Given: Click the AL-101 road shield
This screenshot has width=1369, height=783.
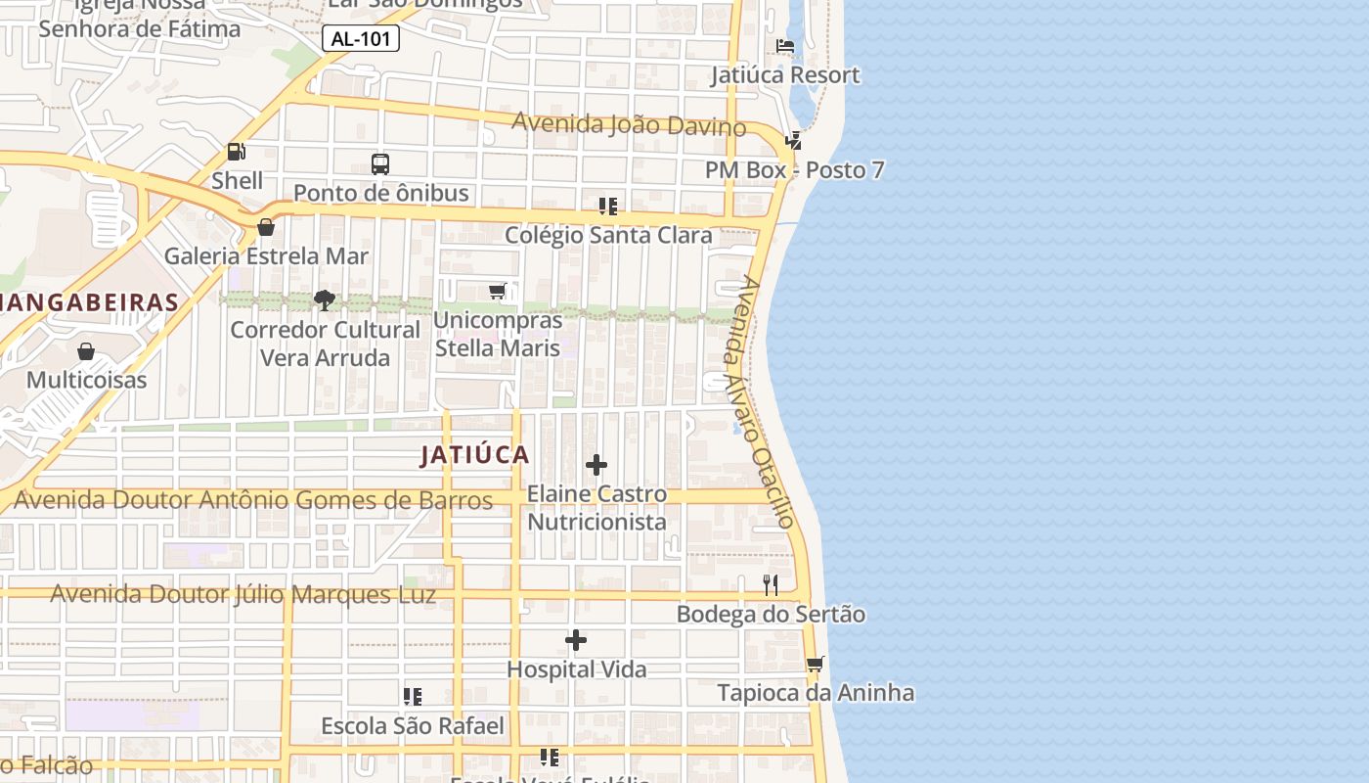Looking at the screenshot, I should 361,39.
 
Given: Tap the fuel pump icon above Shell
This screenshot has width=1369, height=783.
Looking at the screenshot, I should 236,152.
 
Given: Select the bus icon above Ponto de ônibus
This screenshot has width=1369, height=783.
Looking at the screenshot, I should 380,164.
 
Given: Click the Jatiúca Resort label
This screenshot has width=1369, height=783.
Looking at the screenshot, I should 785,75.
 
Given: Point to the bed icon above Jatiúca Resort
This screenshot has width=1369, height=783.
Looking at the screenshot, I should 784,46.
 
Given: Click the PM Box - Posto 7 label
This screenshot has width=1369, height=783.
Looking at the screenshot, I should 794,170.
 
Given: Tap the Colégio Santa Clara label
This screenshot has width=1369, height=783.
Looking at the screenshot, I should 608,236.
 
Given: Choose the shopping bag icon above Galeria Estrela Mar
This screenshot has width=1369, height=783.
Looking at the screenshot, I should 265,227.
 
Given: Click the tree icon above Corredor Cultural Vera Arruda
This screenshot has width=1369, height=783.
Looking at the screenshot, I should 325,300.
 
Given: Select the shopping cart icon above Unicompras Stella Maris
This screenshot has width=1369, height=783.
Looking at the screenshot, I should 498,292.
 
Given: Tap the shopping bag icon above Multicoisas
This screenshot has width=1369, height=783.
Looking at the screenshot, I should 86,351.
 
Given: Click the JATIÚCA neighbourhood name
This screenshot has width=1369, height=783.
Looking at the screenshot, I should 475,455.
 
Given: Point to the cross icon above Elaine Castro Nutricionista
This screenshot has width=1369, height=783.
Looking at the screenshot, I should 596,465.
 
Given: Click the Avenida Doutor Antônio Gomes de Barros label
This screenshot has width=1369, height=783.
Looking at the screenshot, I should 253,501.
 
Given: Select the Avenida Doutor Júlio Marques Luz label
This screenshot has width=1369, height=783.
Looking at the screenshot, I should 243,594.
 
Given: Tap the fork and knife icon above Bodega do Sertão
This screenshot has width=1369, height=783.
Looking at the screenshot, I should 771,585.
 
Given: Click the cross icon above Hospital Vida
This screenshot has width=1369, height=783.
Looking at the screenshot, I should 576,641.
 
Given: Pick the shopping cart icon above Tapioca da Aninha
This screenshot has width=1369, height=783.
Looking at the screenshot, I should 815,665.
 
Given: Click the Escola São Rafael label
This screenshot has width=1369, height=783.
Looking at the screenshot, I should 413,726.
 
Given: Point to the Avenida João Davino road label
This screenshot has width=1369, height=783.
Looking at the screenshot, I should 629,124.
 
